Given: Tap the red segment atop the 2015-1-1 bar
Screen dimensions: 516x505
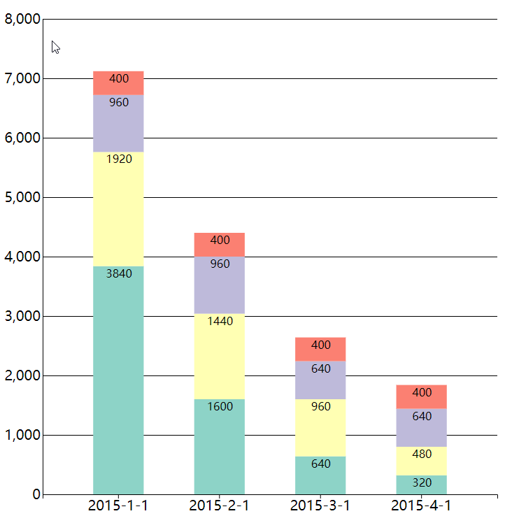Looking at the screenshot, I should click(x=118, y=83).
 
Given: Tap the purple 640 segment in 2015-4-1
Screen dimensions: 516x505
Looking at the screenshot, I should click(x=421, y=428).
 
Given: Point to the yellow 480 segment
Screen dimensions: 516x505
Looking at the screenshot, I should click(x=421, y=461).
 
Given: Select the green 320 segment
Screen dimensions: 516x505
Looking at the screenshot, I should click(x=421, y=485).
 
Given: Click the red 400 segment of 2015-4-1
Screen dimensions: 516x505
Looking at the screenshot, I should click(x=421, y=396).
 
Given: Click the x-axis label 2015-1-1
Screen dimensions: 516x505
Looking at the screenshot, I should click(x=118, y=506).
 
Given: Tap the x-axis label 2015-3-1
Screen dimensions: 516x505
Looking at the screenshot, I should click(x=320, y=506).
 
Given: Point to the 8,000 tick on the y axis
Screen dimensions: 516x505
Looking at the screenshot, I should click(x=22, y=20).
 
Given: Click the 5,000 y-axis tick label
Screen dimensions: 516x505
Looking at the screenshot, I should click(x=22, y=198).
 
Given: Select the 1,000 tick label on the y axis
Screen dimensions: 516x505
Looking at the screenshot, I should click(x=22, y=436).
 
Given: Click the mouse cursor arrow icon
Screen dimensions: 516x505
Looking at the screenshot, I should click(x=55, y=47).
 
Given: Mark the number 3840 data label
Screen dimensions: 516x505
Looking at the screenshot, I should click(x=119, y=274).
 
